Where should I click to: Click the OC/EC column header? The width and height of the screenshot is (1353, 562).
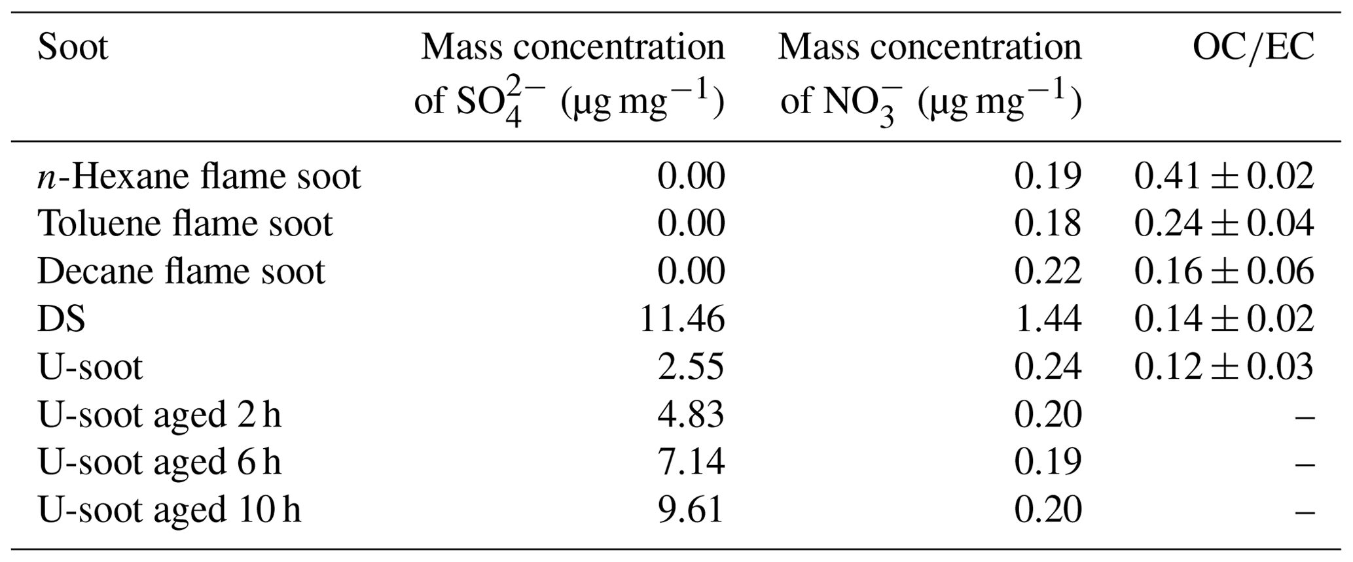click(1253, 47)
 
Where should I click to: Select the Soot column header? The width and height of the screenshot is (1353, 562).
click(73, 47)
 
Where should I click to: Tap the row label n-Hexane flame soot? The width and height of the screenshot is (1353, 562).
click(199, 176)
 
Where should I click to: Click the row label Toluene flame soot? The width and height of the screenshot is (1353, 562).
click(185, 224)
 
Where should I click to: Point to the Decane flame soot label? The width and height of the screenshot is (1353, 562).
click(181, 271)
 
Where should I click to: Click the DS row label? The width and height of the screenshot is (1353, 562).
click(62, 319)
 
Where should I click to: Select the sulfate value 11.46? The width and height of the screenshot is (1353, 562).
click(681, 319)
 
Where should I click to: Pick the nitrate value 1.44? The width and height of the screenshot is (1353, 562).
click(1047, 319)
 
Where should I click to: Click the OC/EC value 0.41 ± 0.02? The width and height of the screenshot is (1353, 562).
click(1223, 176)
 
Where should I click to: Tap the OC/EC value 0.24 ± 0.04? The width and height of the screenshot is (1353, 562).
click(1223, 224)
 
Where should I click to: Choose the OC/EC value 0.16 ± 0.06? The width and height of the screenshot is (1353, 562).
click(1223, 271)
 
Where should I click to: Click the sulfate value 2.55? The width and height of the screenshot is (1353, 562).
click(691, 366)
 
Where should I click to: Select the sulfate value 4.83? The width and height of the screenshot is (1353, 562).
click(691, 414)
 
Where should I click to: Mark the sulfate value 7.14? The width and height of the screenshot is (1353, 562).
click(691, 462)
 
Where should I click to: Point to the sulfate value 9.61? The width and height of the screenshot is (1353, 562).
click(691, 510)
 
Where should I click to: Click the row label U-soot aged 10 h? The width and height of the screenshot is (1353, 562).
click(170, 510)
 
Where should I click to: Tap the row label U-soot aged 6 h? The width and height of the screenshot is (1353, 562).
click(160, 462)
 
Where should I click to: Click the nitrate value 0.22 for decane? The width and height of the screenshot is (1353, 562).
click(1047, 271)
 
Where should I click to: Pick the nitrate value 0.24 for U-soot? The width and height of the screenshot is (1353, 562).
click(1047, 366)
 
